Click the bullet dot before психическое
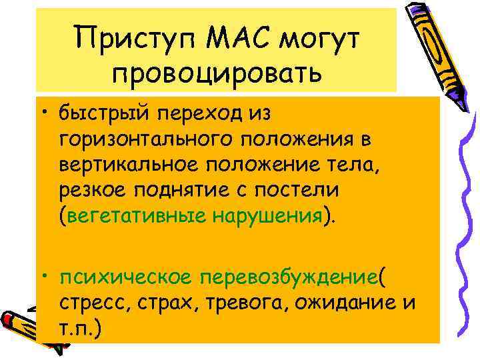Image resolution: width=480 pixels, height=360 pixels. (47, 275)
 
